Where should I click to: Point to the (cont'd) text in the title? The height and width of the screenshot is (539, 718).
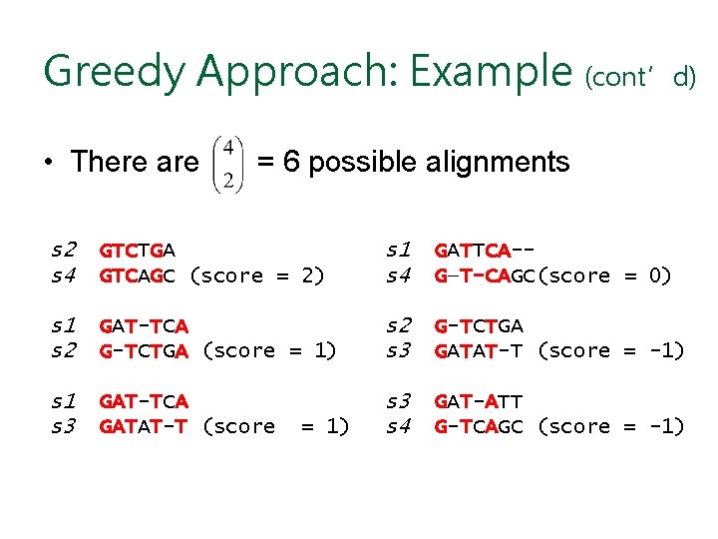pos(640,77)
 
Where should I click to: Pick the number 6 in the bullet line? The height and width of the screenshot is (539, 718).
pos(290,163)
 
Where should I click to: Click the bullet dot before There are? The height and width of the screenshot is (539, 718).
pos(47,163)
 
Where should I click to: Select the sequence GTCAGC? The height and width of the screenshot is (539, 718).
pos(137,275)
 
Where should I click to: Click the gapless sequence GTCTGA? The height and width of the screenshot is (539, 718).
pos(137,249)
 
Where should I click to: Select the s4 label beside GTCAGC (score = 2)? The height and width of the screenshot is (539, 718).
pos(66,275)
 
